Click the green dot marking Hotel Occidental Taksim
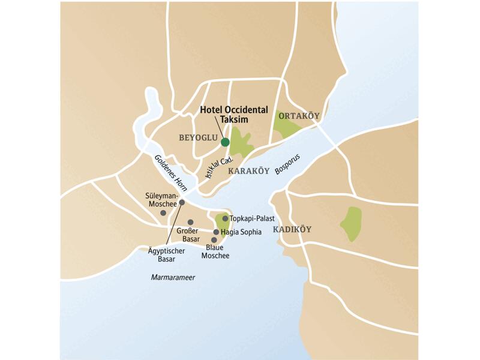[x=225, y=142]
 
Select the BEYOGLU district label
[x=197, y=137]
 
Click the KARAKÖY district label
[x=249, y=171]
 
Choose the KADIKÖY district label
[x=294, y=230]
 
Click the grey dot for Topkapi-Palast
[x=224, y=218]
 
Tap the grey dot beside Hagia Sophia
[x=216, y=232]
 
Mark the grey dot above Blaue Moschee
[x=214, y=240]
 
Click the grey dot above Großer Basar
[x=190, y=222]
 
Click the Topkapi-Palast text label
[x=252, y=218]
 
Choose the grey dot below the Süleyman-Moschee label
[x=163, y=212]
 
